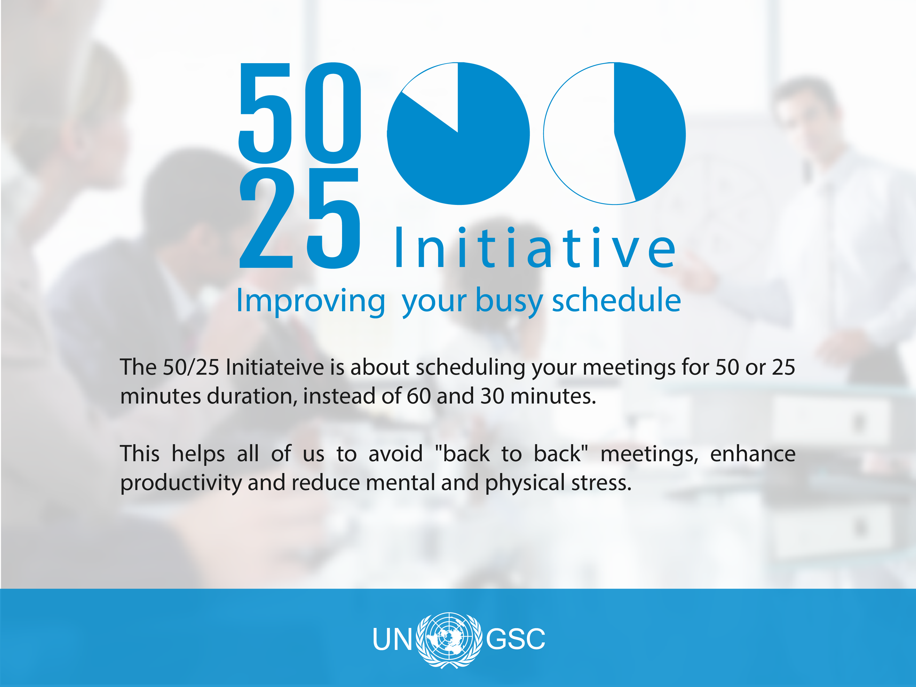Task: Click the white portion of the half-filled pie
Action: (584, 137)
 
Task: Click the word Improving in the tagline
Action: (310, 301)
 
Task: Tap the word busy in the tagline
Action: (509, 301)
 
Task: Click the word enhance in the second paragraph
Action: (753, 454)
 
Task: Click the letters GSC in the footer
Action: (516, 639)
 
